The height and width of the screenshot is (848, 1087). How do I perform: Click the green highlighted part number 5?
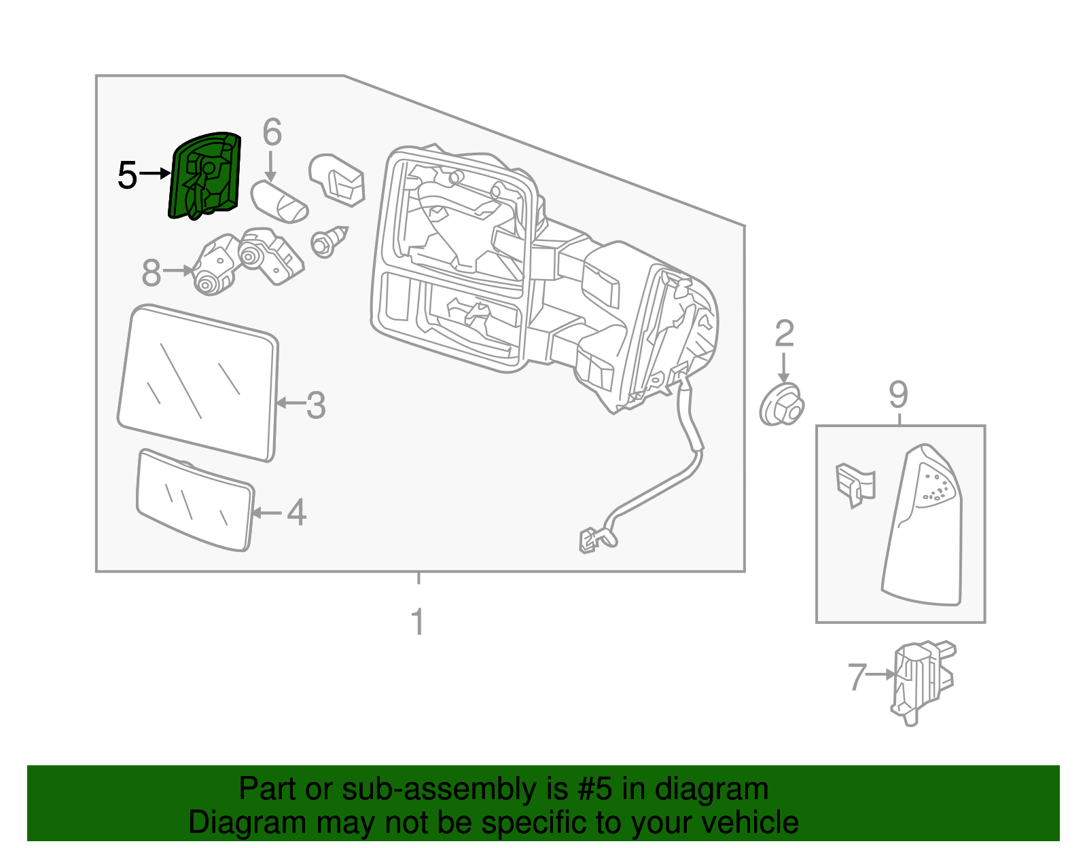click(204, 176)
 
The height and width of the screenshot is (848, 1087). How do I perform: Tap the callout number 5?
click(127, 175)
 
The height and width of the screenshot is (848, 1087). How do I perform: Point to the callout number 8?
click(151, 272)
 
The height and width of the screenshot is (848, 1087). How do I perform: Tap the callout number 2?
click(784, 334)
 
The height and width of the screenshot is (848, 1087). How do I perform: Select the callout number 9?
click(898, 394)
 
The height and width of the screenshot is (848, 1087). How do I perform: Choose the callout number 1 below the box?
click(418, 622)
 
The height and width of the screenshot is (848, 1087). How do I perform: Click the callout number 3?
click(316, 405)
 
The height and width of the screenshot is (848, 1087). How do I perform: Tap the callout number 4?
click(296, 512)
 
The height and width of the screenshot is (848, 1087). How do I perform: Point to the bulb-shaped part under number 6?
click(279, 201)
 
